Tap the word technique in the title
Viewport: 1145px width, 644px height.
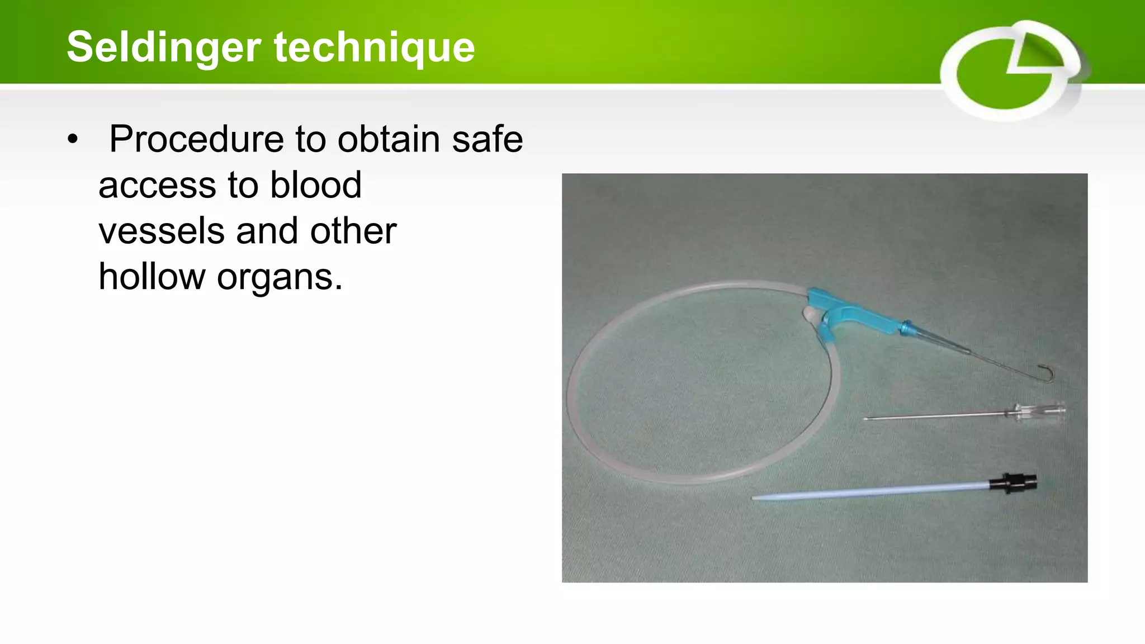point(374,47)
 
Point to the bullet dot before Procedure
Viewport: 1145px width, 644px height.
point(73,140)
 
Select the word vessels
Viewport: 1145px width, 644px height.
point(162,231)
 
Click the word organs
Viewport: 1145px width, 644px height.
point(279,278)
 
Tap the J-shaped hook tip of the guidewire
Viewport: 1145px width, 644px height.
point(1049,373)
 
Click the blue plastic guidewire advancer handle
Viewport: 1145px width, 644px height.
point(855,315)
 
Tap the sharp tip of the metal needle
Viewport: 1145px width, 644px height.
point(866,418)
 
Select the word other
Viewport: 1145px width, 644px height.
point(353,231)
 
